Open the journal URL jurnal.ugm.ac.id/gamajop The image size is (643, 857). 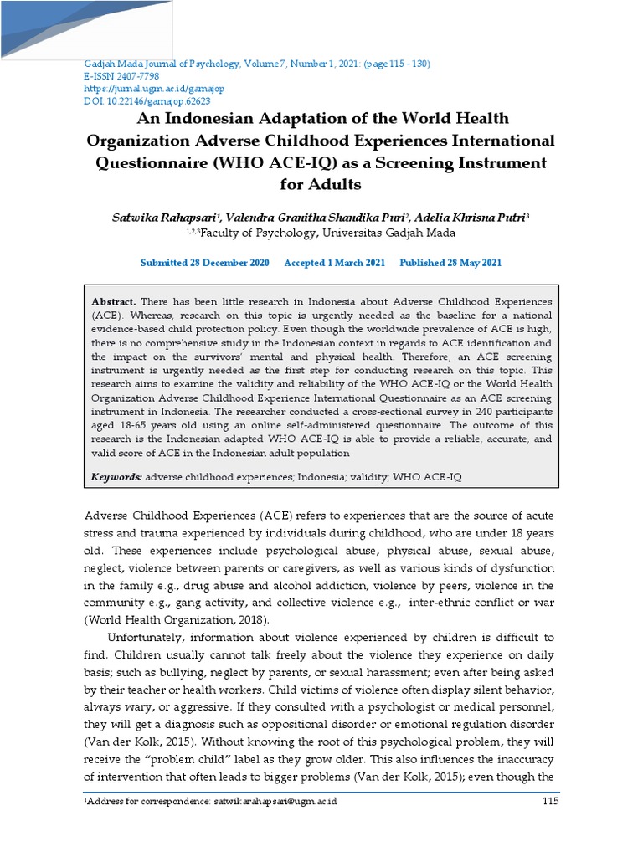[x=154, y=88]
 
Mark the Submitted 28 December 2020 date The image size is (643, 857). [x=205, y=263]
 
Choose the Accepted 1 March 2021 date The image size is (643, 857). [x=335, y=263]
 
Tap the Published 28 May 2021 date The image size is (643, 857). [x=450, y=263]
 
